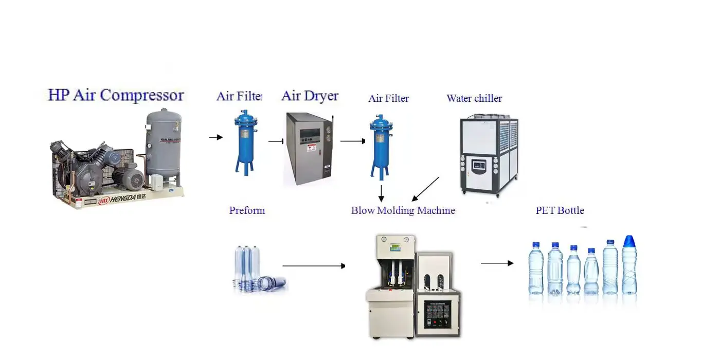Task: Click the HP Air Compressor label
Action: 116,95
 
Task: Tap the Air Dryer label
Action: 310,96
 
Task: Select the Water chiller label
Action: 474,98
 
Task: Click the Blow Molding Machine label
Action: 403,210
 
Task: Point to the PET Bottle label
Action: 560,210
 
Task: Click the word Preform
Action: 247,210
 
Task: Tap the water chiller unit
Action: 488,154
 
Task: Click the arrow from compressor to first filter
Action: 215,137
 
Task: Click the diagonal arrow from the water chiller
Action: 425,189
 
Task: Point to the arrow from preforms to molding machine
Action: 314,266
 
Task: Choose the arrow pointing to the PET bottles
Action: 497,263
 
